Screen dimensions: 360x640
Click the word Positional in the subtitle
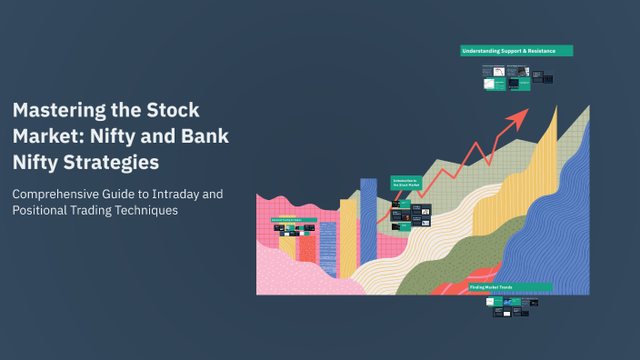point(44,211)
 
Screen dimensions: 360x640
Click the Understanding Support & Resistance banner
point(516,51)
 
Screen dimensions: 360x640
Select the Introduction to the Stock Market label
point(405,183)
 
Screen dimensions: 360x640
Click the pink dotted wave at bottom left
point(291,273)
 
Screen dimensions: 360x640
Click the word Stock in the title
point(173,111)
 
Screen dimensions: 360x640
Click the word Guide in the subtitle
point(129,195)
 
